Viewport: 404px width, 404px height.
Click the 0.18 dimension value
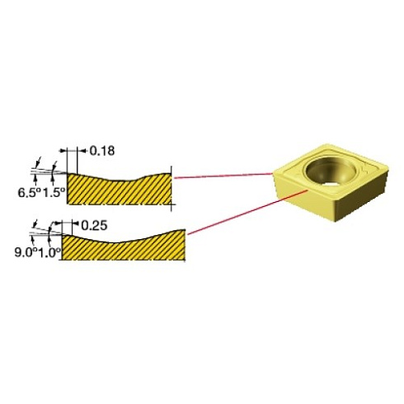[102, 151]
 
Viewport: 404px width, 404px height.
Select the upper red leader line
[223, 175]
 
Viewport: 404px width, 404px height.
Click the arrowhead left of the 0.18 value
[81, 151]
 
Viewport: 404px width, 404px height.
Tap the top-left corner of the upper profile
[68, 173]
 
